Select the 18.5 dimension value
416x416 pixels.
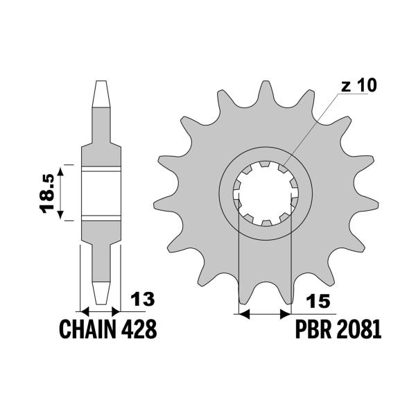[48, 193]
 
